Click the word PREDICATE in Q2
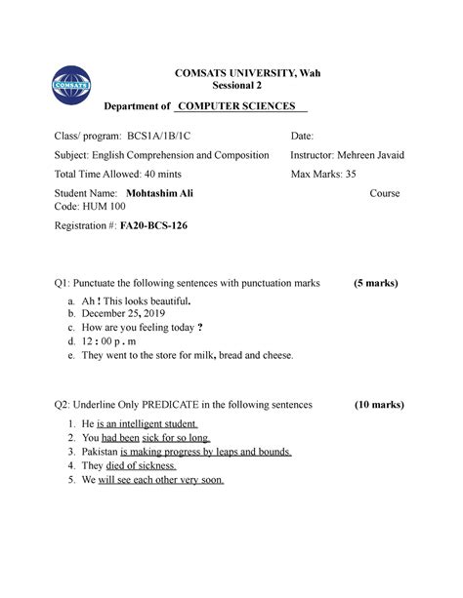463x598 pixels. [x=169, y=404]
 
